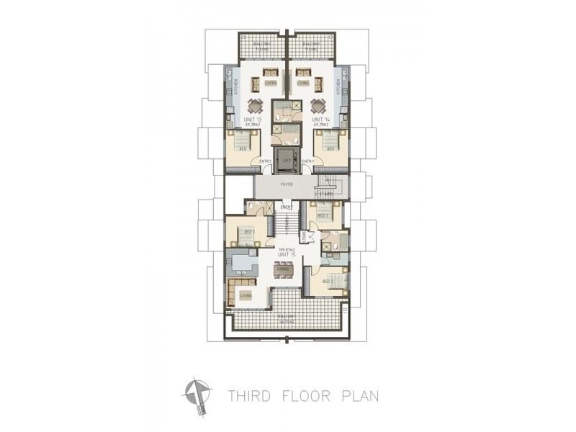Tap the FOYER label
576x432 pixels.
287,185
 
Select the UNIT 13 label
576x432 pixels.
251,120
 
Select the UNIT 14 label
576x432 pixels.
321,120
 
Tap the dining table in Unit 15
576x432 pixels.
283,270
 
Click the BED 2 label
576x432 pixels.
324,215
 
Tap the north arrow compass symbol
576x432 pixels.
195,392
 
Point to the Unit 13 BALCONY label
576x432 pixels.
261,45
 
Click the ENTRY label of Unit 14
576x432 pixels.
307,161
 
